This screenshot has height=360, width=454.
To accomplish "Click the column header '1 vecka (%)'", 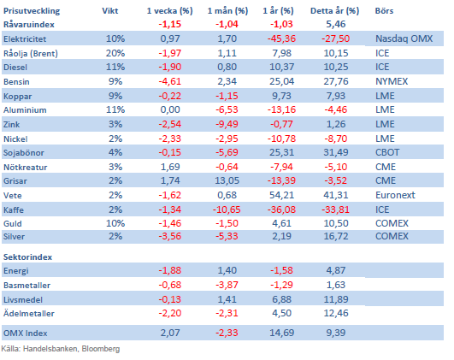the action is [169, 11].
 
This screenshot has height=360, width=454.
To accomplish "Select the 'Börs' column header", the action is [384, 11].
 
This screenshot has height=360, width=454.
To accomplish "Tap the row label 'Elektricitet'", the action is [25, 38].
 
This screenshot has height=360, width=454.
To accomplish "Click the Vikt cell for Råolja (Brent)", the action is [115, 53].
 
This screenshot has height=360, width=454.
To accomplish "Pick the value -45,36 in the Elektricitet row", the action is [281, 38].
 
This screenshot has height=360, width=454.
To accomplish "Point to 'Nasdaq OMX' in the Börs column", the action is [404, 38].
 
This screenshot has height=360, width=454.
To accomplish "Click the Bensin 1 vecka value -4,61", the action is [170, 81].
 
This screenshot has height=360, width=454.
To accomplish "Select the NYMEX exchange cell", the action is [392, 81].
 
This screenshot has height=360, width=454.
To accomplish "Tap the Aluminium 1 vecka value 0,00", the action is [170, 109].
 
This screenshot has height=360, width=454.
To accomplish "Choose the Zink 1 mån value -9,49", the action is [227, 124].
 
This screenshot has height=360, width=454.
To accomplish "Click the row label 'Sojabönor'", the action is [24, 152].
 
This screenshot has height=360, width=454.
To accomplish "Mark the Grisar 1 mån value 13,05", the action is [227, 180].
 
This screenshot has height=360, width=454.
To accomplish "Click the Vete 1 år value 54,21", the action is [281, 195].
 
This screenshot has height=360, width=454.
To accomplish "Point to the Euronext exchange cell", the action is [395, 195].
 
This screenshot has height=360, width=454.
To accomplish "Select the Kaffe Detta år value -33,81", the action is [335, 210].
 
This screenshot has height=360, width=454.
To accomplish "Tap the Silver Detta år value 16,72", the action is [335, 236].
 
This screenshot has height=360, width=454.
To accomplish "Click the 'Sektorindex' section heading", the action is [28, 257].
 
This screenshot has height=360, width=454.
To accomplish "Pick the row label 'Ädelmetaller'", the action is [29, 313].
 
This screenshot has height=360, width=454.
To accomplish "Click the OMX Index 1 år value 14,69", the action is [281, 333].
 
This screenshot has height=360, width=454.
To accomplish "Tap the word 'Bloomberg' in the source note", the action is [101, 349].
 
